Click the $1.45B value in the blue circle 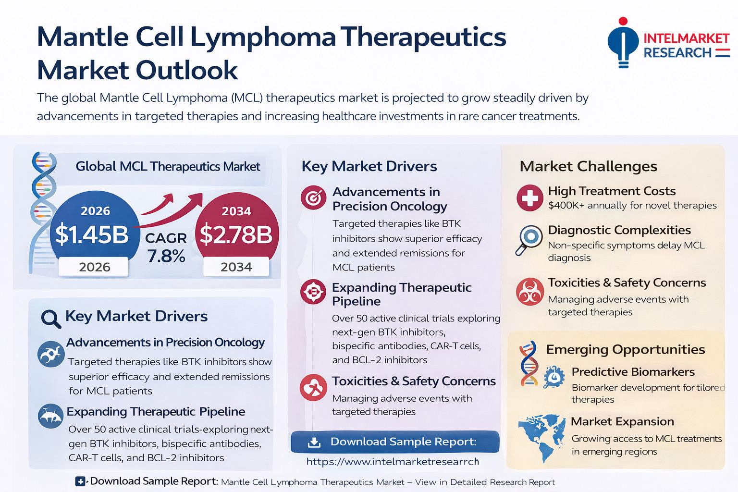point(92,234)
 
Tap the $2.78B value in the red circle point(235,234)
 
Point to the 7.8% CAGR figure point(166,256)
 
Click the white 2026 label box point(94,267)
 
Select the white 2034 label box point(236,267)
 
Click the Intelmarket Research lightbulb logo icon point(623,42)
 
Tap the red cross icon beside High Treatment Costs point(529,198)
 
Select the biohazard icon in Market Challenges point(529,292)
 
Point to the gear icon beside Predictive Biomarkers point(554,377)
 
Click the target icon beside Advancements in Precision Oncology point(313,197)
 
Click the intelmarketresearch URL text point(393,462)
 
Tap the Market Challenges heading point(588,166)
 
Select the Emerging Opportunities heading point(625,349)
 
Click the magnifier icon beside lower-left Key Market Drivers point(51,318)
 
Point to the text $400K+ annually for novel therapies point(632,206)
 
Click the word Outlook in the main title point(188,70)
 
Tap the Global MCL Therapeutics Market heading point(168,167)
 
